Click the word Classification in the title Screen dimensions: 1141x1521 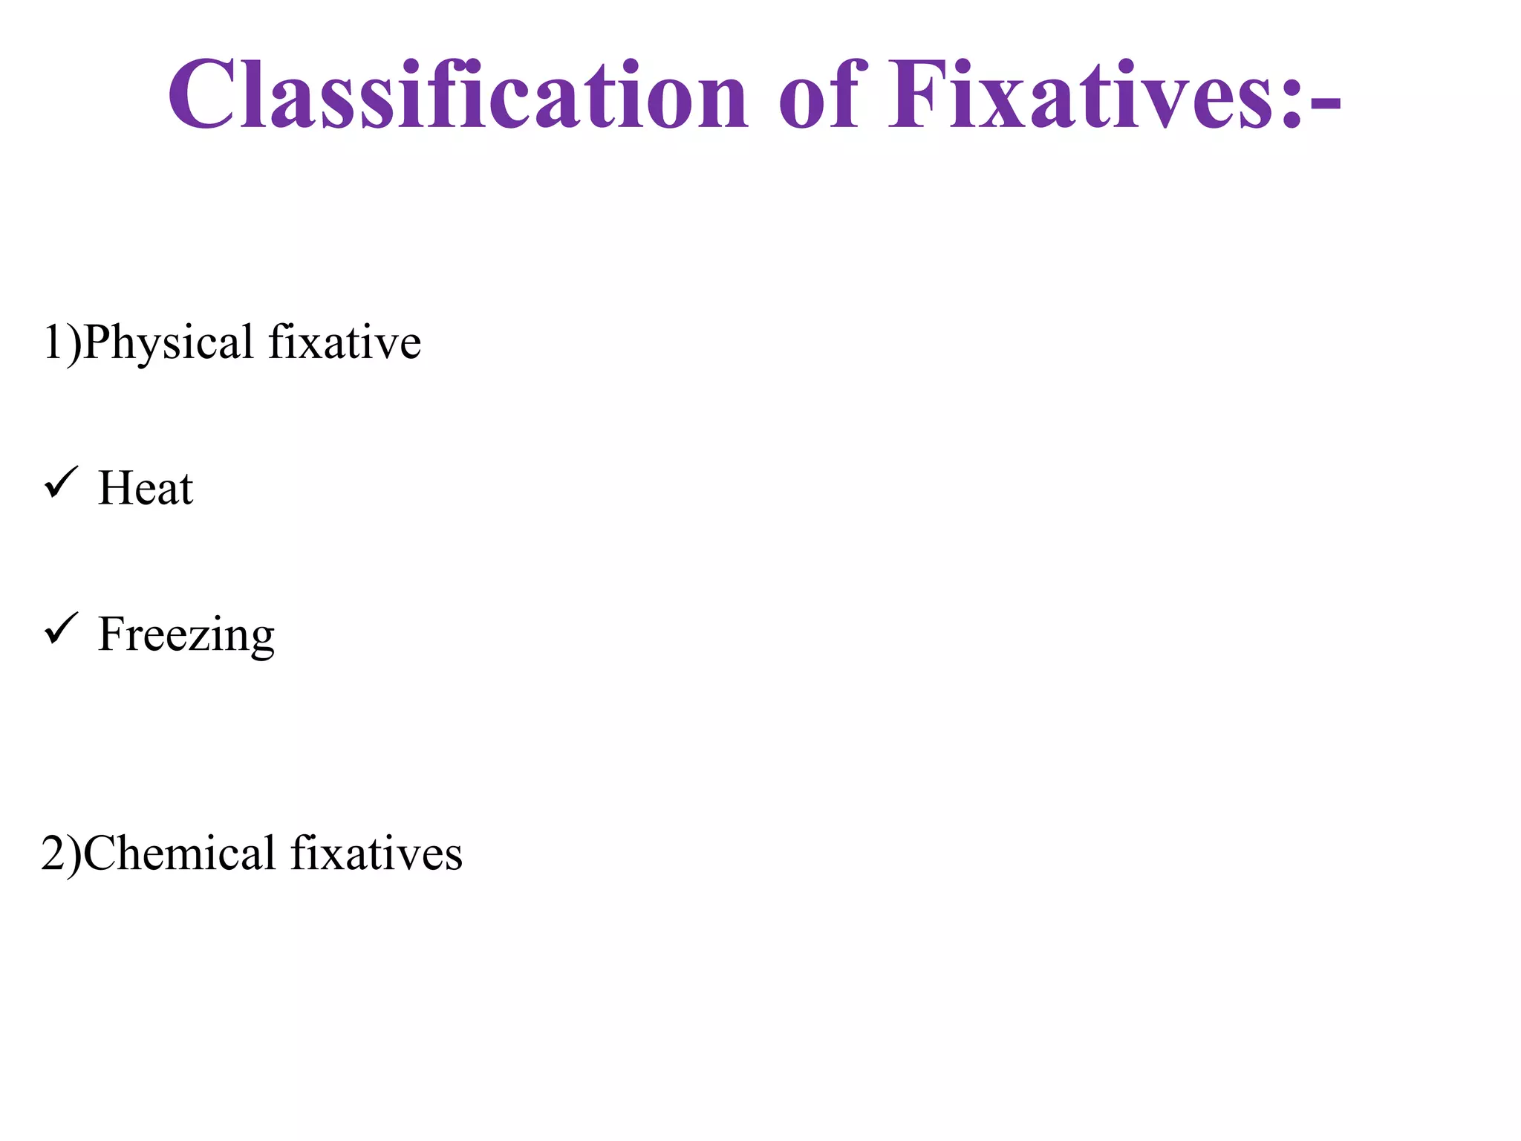tap(457, 95)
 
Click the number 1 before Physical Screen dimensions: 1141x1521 tap(53, 342)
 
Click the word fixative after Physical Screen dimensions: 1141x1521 tap(345, 342)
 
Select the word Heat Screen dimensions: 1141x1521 tap(146, 488)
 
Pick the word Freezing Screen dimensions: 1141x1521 tap(186, 634)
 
